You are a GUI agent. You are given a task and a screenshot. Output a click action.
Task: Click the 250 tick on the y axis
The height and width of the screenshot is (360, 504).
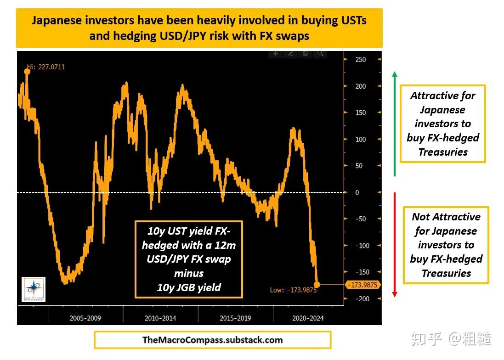(x=360, y=60)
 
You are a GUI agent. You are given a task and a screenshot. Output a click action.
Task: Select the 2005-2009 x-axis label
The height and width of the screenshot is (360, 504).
(x=85, y=318)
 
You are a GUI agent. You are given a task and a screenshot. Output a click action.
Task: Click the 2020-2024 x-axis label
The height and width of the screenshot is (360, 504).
(x=307, y=318)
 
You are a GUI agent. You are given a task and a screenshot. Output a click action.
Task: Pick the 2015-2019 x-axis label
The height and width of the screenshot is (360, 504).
(x=235, y=318)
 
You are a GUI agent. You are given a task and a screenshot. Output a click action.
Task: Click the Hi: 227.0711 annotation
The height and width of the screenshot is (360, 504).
(x=46, y=67)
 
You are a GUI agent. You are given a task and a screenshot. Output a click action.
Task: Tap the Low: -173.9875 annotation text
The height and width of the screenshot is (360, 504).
(x=293, y=290)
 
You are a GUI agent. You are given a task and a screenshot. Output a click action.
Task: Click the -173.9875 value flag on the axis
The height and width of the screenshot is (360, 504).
(x=363, y=285)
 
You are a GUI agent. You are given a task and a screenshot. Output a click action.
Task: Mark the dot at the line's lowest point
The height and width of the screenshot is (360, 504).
(x=317, y=285)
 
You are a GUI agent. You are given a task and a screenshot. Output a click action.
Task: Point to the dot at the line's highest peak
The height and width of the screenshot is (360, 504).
(x=27, y=71)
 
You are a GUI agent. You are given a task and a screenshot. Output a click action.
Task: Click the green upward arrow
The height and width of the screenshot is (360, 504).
(x=395, y=124)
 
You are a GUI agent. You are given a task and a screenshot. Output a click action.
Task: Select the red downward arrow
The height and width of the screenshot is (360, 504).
(x=394, y=244)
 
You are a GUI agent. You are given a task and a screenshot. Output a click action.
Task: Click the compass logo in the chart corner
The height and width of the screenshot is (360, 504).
(x=34, y=289)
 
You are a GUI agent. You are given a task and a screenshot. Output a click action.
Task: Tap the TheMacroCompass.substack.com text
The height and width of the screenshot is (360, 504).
(x=212, y=340)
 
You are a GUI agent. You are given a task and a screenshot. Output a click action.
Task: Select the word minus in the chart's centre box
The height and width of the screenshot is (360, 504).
(x=188, y=273)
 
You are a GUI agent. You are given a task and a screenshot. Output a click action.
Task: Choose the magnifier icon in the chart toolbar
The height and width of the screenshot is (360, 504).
(x=320, y=54)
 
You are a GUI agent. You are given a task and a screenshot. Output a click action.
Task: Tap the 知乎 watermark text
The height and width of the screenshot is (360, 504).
(x=427, y=339)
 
